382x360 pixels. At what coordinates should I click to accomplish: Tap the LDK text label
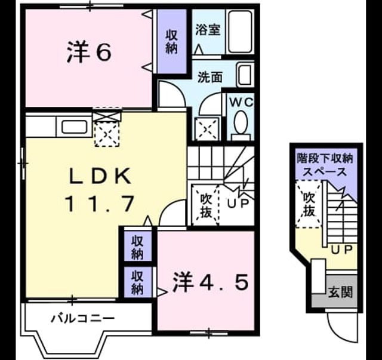pos(100,176)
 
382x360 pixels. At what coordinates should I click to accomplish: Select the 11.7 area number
pos(100,204)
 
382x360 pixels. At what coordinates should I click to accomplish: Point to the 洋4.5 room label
pos(211,282)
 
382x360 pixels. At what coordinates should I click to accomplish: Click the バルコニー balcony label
pos(82,318)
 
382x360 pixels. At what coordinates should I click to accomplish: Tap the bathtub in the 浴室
pos(240,31)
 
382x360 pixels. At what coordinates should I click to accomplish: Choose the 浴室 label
pos(208,30)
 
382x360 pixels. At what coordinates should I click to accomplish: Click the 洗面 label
pos(210,77)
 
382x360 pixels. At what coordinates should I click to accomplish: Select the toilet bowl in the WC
pos(241,122)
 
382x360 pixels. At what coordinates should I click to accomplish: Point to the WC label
pos(241,102)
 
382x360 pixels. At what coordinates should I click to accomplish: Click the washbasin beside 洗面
pos(245,75)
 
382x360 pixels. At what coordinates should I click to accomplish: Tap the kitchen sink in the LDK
pos(74,127)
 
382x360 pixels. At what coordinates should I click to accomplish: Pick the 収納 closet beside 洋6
pos(172,41)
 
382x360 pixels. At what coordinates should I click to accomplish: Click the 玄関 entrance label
pos(340,292)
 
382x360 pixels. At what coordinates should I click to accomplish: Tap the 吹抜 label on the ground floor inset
pos(309,204)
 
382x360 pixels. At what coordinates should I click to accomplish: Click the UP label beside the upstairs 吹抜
pos(238,203)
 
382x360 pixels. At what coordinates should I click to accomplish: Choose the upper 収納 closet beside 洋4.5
pos(138,246)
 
